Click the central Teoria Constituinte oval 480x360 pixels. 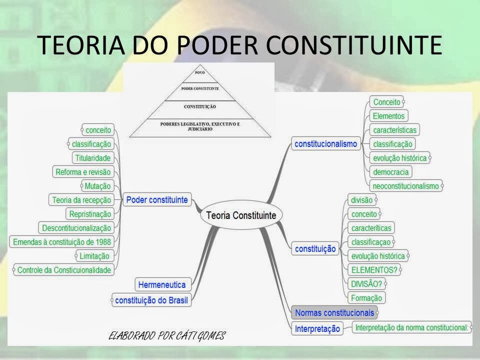pyautogui.click(x=241, y=215)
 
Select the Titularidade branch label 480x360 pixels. pyautogui.click(x=92, y=158)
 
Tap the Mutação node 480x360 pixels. pyautogui.click(x=97, y=186)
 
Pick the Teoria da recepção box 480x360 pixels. pyautogui.click(x=81, y=200)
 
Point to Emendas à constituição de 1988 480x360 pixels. pyautogui.click(x=62, y=241)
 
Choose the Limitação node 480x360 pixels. pyautogui.click(x=94, y=256)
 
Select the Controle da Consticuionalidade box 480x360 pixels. pyautogui.click(x=64, y=270)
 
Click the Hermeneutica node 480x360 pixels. pyautogui.click(x=161, y=285)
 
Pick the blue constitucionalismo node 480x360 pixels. pyautogui.click(x=326, y=144)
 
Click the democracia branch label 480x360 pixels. pyautogui.click(x=390, y=172)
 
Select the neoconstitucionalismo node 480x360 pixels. pyautogui.click(x=405, y=186)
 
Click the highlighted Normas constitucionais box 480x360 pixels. pyautogui.click(x=334, y=313)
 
